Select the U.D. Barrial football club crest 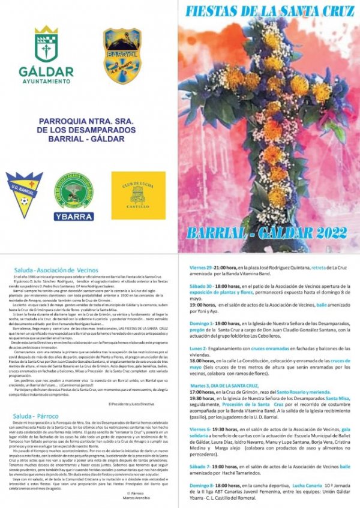(x=24, y=196)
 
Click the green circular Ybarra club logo (x=74, y=193)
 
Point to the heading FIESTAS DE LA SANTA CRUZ (x=268, y=10)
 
